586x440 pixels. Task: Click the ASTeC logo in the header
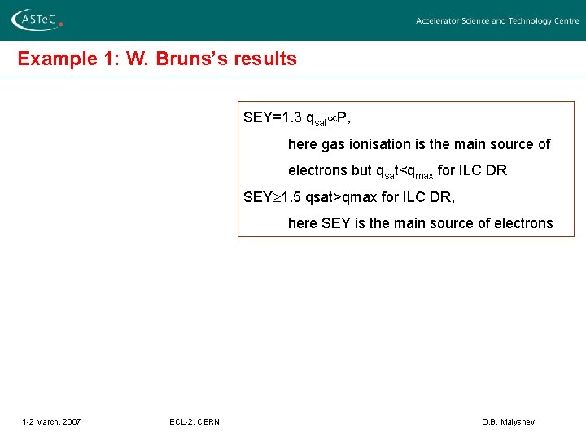[x=37, y=20]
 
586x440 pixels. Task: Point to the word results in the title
[x=267, y=59]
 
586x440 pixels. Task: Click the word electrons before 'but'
[x=317, y=171]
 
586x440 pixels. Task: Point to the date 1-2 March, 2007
[x=51, y=421]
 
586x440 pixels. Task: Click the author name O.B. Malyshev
[x=509, y=421]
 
